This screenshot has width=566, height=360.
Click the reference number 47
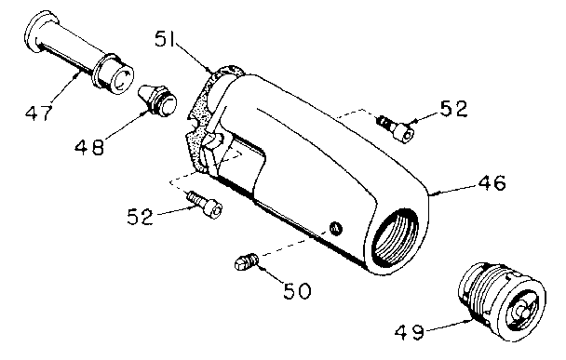pyautogui.click(x=39, y=113)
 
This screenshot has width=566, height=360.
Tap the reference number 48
pyautogui.click(x=89, y=147)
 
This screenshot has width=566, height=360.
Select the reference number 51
pyautogui.click(x=164, y=38)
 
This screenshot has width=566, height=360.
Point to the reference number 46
pyautogui.click(x=492, y=182)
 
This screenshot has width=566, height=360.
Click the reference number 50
pyautogui.click(x=296, y=291)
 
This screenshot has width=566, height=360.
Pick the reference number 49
pyautogui.click(x=409, y=332)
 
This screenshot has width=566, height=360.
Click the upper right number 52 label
pyautogui.click(x=453, y=109)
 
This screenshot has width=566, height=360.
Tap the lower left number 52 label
pyautogui.click(x=140, y=217)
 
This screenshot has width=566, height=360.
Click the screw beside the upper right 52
pyautogui.click(x=396, y=128)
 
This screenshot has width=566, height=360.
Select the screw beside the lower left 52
pyautogui.click(x=204, y=204)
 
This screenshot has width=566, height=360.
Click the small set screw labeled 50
pyautogui.click(x=246, y=261)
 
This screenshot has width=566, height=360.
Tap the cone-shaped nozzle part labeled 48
pyautogui.click(x=158, y=100)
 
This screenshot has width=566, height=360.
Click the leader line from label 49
pyautogui.click(x=448, y=325)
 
